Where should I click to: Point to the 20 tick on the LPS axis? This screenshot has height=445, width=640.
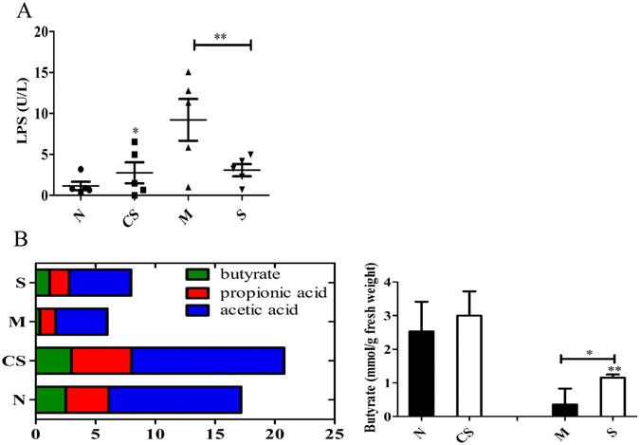pyautogui.click(x=41, y=31)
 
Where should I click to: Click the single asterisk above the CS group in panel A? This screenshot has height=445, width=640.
pyautogui.click(x=136, y=132)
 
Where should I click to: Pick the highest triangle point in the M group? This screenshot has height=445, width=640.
pyautogui.click(x=189, y=72)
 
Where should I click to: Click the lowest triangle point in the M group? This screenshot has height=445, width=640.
pyautogui.click(x=189, y=187)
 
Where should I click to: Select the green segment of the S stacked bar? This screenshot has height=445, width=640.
pyautogui.click(x=43, y=283)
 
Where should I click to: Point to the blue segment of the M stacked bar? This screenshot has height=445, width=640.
pyautogui.click(x=82, y=322)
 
